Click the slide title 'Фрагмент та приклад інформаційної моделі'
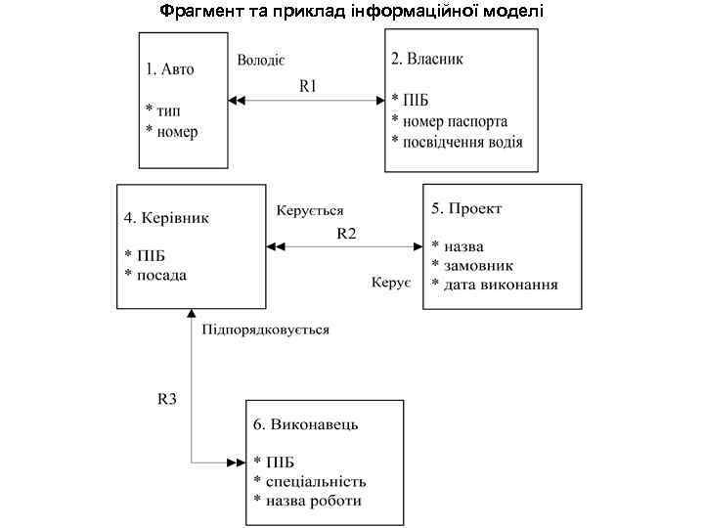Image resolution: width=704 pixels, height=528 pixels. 351,12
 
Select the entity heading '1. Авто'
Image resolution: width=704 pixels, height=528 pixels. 170,68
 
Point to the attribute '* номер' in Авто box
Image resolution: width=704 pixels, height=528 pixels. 172,132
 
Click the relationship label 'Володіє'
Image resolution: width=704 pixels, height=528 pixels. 260,61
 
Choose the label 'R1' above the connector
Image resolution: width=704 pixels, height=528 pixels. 308,85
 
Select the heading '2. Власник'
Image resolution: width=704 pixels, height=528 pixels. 427,59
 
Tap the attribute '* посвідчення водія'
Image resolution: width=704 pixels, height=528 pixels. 457,142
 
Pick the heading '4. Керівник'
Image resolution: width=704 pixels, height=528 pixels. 166,217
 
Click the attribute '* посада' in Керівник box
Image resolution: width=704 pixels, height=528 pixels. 156,275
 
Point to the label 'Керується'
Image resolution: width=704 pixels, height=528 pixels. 310,210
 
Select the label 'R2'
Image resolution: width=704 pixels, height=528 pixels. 347,234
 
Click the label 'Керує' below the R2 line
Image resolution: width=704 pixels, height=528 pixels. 391,283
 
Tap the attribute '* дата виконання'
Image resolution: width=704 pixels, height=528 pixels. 495,285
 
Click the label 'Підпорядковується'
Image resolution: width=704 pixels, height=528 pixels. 266,330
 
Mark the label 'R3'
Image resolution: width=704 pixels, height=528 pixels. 167,399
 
